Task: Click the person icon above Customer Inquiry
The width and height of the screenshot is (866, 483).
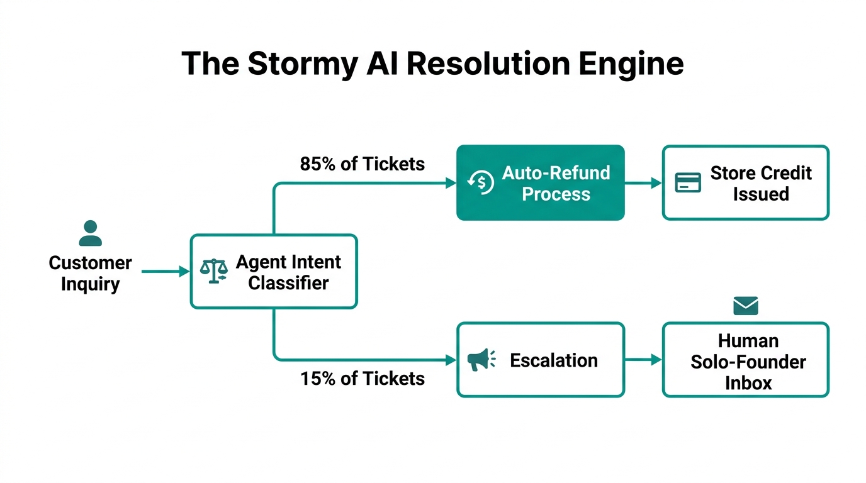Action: [90, 233]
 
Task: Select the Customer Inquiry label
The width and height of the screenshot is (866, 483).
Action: [90, 273]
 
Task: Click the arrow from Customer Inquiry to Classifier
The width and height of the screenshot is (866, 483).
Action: [164, 272]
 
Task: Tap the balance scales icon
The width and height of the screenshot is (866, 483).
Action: [213, 271]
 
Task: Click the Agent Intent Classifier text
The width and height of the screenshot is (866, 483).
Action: [288, 272]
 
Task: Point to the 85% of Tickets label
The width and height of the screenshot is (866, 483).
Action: [363, 164]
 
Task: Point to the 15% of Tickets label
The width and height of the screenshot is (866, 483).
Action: [363, 379]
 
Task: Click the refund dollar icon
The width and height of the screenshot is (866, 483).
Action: [480, 182]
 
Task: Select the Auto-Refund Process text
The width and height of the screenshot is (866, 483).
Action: [556, 183]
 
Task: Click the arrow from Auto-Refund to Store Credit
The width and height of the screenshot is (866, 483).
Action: [643, 183]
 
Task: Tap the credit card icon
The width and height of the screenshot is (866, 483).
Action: [687, 183]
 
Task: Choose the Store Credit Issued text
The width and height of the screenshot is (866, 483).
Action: [761, 183]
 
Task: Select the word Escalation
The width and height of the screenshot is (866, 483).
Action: [554, 360]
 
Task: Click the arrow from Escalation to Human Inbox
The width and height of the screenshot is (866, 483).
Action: [643, 360]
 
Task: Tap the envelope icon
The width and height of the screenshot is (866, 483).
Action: [746, 306]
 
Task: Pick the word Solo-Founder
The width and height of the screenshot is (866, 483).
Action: [748, 362]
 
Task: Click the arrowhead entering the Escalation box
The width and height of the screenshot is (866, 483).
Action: [451, 360]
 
